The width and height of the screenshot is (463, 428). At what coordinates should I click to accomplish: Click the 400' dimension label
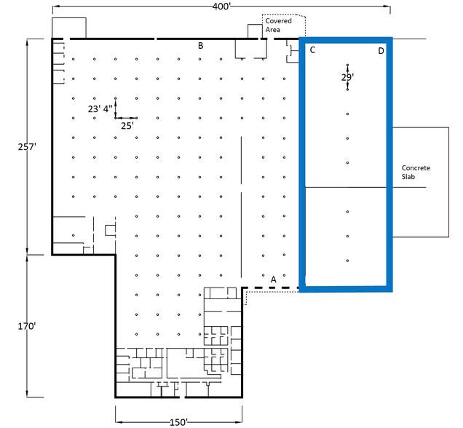[221, 7]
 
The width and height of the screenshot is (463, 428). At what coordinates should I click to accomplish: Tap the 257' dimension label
[27, 147]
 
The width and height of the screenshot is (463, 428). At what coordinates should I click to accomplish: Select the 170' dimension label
[27, 326]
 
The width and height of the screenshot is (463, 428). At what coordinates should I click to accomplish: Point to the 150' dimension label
[178, 422]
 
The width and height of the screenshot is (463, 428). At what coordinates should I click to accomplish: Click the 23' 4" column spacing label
[100, 109]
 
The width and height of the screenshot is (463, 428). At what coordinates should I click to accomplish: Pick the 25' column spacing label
[127, 126]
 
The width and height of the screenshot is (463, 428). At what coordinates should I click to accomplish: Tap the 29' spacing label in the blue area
[347, 77]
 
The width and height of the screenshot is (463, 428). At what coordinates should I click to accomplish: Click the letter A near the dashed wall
[274, 280]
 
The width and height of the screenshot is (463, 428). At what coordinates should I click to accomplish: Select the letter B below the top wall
[200, 46]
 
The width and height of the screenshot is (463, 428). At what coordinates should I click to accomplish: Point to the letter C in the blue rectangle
[312, 50]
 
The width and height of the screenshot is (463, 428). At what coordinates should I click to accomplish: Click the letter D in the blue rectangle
[381, 51]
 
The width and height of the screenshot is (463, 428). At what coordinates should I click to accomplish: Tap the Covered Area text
[278, 25]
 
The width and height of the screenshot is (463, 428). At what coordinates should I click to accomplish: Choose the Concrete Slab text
[416, 172]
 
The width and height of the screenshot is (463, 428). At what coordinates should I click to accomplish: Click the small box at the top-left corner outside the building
[69, 28]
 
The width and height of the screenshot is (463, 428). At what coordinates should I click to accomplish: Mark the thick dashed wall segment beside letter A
[270, 288]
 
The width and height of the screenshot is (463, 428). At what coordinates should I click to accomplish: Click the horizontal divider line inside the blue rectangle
[346, 187]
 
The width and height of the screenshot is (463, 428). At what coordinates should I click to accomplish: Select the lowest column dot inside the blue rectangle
[347, 261]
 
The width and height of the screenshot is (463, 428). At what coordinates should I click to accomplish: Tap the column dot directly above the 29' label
[347, 65]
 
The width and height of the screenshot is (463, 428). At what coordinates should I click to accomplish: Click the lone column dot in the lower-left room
[74, 235]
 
